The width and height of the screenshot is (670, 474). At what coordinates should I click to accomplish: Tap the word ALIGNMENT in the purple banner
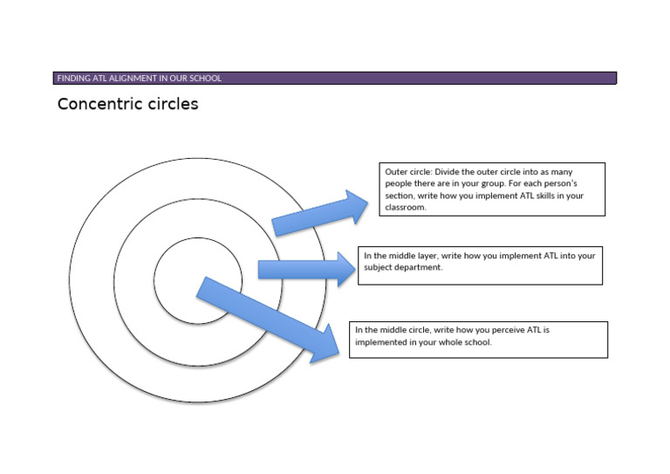[133, 79]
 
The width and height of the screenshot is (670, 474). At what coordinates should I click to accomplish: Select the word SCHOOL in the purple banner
[206, 79]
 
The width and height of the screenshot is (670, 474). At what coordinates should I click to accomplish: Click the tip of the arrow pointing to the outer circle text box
[367, 203]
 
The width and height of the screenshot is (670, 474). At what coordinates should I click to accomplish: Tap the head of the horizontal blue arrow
[346, 269]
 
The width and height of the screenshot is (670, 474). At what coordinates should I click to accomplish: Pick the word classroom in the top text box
[405, 207]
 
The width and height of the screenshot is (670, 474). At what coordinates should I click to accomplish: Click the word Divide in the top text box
[446, 172]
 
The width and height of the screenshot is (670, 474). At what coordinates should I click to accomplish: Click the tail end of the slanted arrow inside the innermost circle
[202, 287]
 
